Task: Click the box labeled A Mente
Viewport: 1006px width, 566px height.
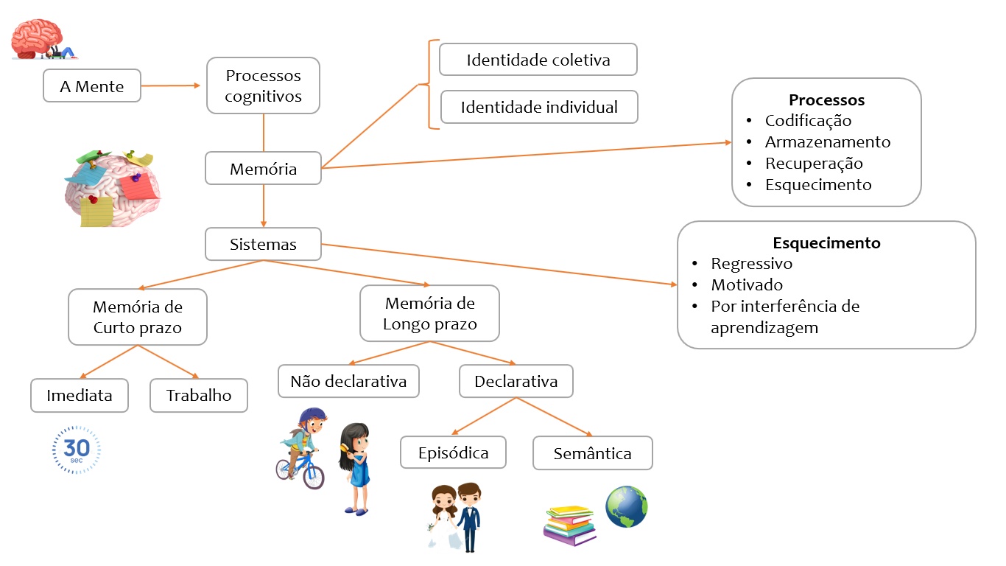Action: (x=92, y=86)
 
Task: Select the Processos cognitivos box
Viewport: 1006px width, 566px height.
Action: (x=263, y=85)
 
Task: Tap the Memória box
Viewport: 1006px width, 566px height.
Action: (x=263, y=169)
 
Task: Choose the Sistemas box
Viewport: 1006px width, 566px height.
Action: (x=263, y=244)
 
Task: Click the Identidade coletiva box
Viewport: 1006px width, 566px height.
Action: (x=538, y=60)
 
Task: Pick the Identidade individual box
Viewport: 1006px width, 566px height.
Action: (x=539, y=107)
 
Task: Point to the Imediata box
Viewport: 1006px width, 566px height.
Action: (x=80, y=395)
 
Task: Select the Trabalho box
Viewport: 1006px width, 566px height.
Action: (x=199, y=395)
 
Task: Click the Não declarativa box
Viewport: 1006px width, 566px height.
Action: (x=348, y=381)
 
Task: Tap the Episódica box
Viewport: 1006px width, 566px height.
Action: (x=453, y=452)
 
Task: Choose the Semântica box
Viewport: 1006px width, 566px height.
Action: (x=592, y=453)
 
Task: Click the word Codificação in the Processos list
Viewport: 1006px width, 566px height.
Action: (x=808, y=121)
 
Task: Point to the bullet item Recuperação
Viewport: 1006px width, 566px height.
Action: (x=814, y=164)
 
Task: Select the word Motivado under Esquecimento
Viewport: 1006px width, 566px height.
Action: (x=747, y=284)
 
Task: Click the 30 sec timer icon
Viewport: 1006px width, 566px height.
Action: (x=77, y=450)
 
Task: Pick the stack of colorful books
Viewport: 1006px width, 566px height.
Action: (x=569, y=525)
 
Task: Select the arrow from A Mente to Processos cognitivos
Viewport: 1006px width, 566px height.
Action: (x=170, y=85)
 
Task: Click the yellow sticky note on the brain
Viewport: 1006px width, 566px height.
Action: (x=96, y=212)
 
